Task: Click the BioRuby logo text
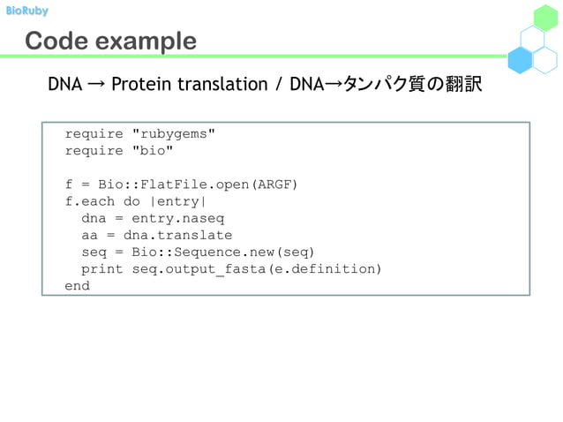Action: (x=26, y=11)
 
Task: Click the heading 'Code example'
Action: (x=110, y=41)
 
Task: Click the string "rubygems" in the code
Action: (x=173, y=134)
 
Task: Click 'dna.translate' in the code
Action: (x=177, y=235)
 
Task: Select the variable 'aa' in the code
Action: (x=90, y=235)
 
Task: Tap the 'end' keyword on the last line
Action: (x=78, y=286)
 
